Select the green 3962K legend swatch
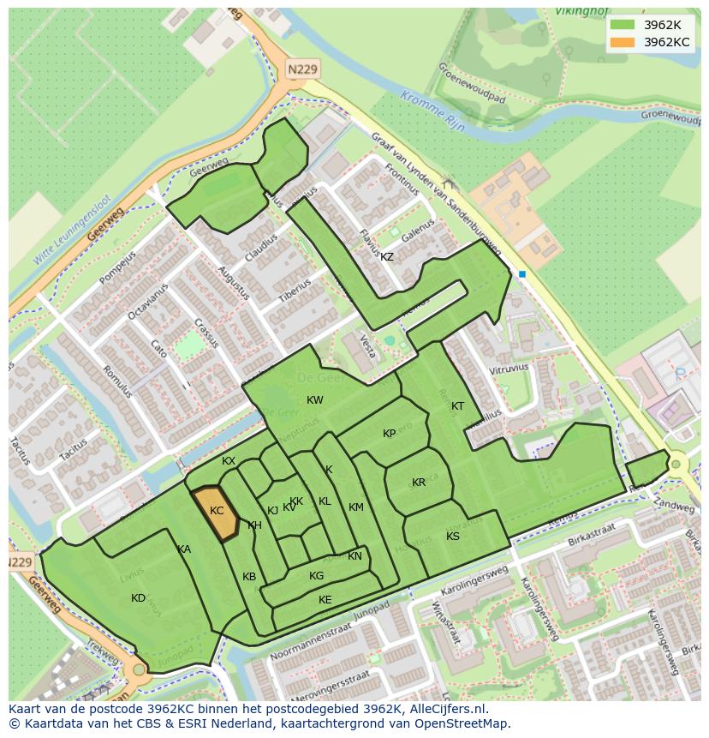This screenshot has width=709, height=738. (x=623, y=25)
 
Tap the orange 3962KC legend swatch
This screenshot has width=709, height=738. (x=623, y=42)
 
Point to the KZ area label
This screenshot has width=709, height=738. (x=387, y=257)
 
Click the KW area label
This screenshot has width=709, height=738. (x=315, y=400)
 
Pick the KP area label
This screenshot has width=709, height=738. (x=390, y=434)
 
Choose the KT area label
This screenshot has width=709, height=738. (x=457, y=406)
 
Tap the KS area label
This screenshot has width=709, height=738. (x=453, y=537)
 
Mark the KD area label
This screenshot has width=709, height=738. (x=138, y=598)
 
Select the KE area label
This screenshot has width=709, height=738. (x=325, y=600)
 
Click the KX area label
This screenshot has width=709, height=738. (x=229, y=461)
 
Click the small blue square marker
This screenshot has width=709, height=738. (x=521, y=274)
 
